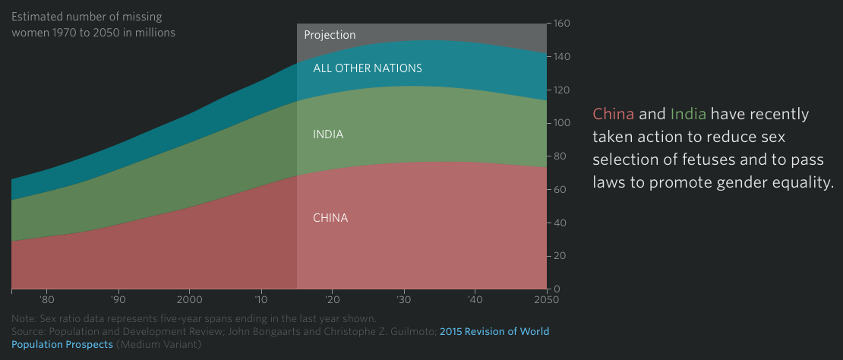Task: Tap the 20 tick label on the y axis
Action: (558, 256)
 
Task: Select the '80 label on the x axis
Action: (47, 299)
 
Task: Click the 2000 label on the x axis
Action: (189, 299)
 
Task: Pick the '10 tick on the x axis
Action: (261, 299)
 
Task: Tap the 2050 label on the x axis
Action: (546, 299)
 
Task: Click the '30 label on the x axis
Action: (404, 299)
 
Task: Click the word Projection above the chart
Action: (330, 35)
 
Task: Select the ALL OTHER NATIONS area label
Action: (368, 68)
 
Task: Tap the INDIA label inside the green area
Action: (328, 134)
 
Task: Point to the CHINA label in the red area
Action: (330, 218)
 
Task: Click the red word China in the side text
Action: (613, 115)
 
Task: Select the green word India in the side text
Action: (688, 115)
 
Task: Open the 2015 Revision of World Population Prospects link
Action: (494, 332)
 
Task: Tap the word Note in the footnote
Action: (24, 318)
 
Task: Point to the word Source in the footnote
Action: (30, 332)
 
